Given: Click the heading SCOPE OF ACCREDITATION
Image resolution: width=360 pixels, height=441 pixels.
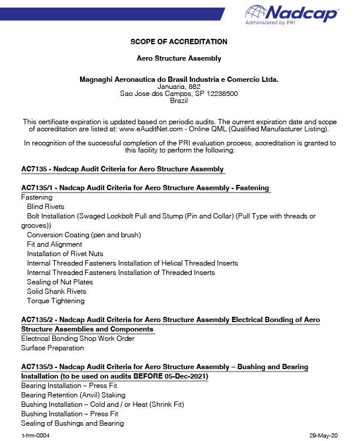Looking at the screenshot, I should pos(179,42).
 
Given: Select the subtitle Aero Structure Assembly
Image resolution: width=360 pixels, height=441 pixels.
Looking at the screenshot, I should pos(179,58).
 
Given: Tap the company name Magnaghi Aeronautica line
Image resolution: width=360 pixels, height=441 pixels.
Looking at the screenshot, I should pos(179,79).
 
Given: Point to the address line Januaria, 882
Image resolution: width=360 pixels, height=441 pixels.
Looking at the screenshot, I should pos(179,87).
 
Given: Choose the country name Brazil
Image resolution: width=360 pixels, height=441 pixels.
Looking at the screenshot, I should pos(179,101).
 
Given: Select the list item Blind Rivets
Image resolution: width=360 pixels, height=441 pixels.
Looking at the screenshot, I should pos(46,207).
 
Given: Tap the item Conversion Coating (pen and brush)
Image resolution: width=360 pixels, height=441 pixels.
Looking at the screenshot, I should pos(84,235).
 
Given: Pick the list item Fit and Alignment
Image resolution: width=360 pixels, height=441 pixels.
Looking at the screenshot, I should pos(55,244).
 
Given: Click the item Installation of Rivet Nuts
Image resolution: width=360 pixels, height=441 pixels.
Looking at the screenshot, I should pos(65,254).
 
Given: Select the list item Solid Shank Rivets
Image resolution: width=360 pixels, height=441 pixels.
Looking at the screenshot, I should pos(56,291).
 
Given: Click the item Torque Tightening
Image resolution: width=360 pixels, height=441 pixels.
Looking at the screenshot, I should pos(56,301).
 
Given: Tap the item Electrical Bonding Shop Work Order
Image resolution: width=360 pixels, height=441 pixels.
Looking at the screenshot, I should pos(78,339).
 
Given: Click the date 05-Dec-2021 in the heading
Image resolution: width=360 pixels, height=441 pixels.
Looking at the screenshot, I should pos(186,376).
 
